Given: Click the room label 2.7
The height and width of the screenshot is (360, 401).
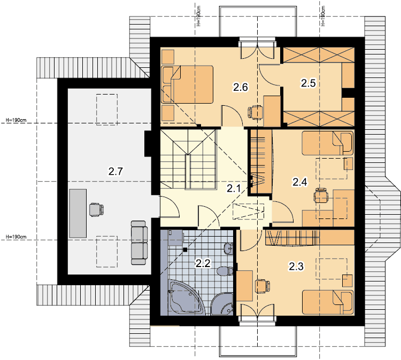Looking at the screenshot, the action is pos(115,171).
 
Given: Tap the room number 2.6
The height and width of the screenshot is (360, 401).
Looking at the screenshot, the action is pos(241,88).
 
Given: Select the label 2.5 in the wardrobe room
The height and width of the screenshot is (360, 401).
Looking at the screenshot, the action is pos(308,83).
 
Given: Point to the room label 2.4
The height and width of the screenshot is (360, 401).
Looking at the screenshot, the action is pos(300,182).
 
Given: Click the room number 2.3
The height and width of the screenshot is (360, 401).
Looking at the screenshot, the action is pos(296,266).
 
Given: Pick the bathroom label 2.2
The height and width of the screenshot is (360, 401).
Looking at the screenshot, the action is pos(203,263).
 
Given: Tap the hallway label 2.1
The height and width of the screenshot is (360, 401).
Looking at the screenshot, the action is pos(234,189).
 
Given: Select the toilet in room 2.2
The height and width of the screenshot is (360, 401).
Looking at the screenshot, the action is pos(225,271).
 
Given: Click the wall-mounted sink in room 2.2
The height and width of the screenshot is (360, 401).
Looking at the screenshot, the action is pos(229,248).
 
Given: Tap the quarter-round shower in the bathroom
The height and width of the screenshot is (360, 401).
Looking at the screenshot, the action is pos(222,304).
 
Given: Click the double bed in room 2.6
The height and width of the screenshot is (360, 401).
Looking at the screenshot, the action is pos(187,84).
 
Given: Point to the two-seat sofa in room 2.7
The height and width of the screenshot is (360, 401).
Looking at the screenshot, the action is pos(140,242).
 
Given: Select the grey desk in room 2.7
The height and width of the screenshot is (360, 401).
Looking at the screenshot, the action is pos(78,213).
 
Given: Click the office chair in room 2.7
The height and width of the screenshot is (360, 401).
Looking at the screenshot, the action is pos(96,210).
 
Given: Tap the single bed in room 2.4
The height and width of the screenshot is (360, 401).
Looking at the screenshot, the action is pos(328,143).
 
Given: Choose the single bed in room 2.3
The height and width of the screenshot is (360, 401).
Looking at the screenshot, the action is pos(328,302).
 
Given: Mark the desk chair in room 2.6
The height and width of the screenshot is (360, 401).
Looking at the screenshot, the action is pos(255,112).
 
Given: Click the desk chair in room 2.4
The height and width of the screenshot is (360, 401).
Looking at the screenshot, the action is pos(321,195).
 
